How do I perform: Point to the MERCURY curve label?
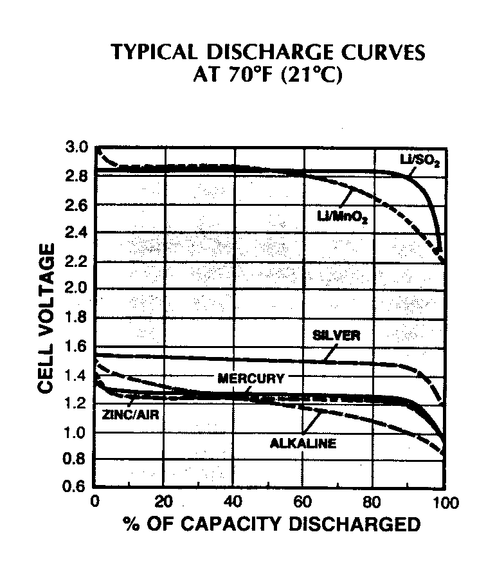point(251,379)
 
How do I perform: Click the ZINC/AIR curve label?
point(130,415)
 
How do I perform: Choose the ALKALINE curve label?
point(303,443)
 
